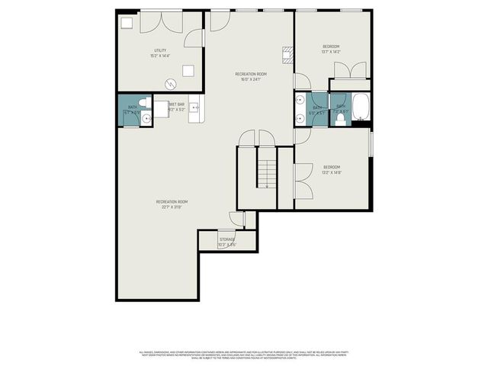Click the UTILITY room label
159,50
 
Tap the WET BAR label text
177,104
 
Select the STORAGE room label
227,239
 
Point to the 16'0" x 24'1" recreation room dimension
251,79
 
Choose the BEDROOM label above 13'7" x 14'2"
331,46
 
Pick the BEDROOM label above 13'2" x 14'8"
331,166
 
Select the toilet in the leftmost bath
146,109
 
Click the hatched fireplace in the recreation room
287,54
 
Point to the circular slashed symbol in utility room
171,84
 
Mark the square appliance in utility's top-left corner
127,22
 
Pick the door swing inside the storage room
237,220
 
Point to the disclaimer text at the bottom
243,355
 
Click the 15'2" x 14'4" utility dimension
159,56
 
